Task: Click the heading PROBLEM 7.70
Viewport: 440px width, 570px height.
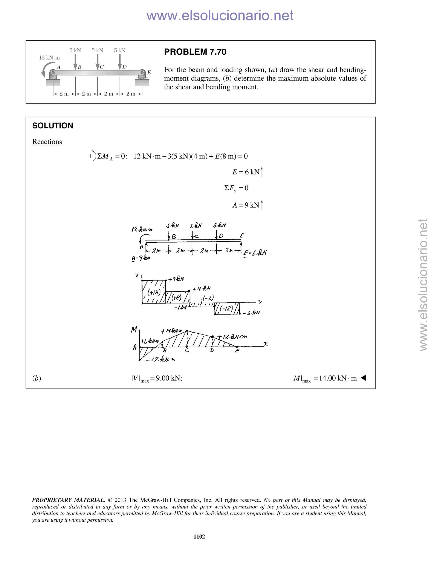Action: [x=195, y=52]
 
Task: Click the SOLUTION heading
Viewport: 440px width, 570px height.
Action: [x=53, y=126]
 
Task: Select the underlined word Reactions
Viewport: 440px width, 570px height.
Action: [x=47, y=142]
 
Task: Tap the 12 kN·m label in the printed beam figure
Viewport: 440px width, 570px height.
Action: [x=49, y=58]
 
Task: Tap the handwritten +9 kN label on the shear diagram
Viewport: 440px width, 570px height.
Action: [x=176, y=279]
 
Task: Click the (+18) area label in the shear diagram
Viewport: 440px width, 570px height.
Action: [x=154, y=292]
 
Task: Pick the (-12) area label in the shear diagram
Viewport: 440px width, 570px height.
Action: [x=226, y=309]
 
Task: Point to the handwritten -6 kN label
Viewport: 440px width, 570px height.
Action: [x=252, y=313]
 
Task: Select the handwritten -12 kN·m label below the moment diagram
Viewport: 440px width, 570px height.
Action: [x=160, y=359]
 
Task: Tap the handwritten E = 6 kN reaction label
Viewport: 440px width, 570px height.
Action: [x=255, y=253]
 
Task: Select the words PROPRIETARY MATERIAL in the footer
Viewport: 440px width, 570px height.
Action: [x=68, y=500]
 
